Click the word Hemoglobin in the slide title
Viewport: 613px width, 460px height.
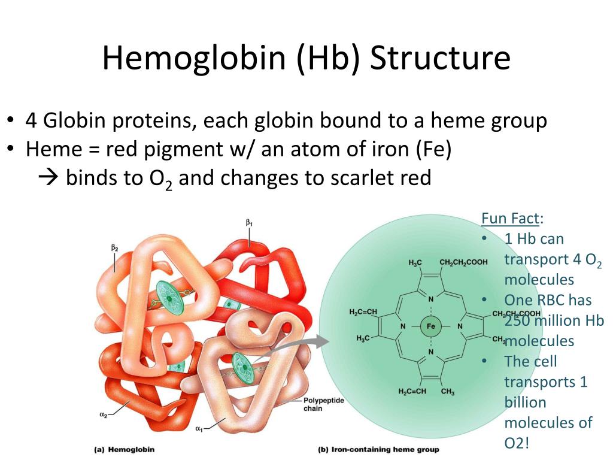click(195, 57)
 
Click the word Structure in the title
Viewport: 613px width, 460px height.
click(440, 57)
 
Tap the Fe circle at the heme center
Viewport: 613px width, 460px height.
click(431, 326)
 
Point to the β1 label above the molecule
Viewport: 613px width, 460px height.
click(249, 223)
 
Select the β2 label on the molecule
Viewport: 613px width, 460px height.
click(114, 248)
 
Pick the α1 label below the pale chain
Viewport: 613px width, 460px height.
click(199, 429)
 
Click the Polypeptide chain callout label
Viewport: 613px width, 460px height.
click(324, 404)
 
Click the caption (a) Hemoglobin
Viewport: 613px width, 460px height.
click(125, 450)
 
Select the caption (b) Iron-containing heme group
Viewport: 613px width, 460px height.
click(378, 450)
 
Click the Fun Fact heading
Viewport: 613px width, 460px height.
click(512, 218)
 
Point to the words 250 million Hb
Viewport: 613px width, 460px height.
click(554, 321)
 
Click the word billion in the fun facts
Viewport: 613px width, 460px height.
click(525, 402)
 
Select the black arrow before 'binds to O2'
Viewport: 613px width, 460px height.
click(48, 178)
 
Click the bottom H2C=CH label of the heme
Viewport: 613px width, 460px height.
click(412, 391)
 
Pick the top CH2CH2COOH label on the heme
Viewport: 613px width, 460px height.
click(464, 262)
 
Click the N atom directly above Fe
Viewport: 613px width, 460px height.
click(431, 299)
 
